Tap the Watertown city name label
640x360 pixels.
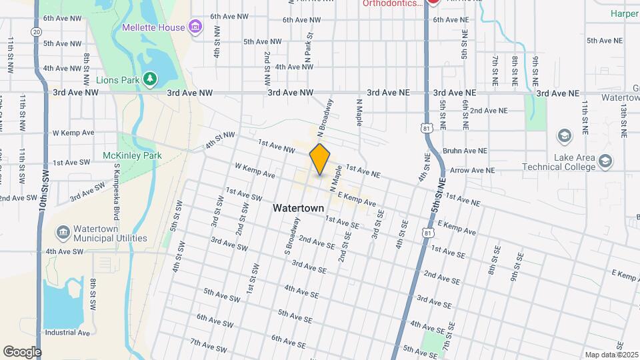298,208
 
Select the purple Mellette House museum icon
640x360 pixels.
195,27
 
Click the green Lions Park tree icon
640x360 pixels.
151,80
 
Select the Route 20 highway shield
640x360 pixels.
36,31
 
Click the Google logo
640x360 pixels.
22,351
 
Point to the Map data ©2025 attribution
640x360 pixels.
611,355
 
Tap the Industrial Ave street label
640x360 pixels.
67,332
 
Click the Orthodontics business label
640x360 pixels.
392,3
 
